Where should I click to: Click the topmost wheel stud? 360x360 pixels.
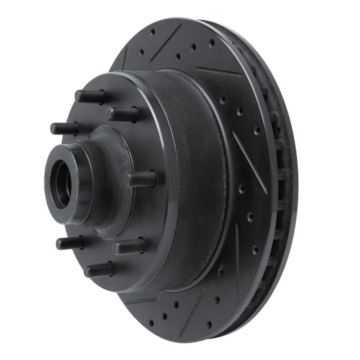[x=90, y=96]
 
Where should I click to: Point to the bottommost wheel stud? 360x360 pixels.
[x=99, y=270]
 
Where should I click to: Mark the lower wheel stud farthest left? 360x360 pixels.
[x=70, y=243]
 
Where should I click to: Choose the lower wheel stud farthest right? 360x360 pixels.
[x=129, y=246]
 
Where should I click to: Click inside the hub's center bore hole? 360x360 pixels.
[x=62, y=185]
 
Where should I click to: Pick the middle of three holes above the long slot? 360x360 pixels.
[x=239, y=110]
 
